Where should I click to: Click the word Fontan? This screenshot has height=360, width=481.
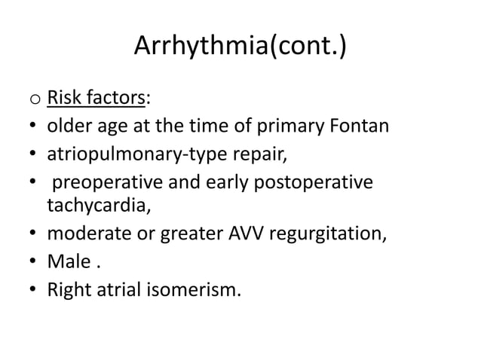tap(357, 125)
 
